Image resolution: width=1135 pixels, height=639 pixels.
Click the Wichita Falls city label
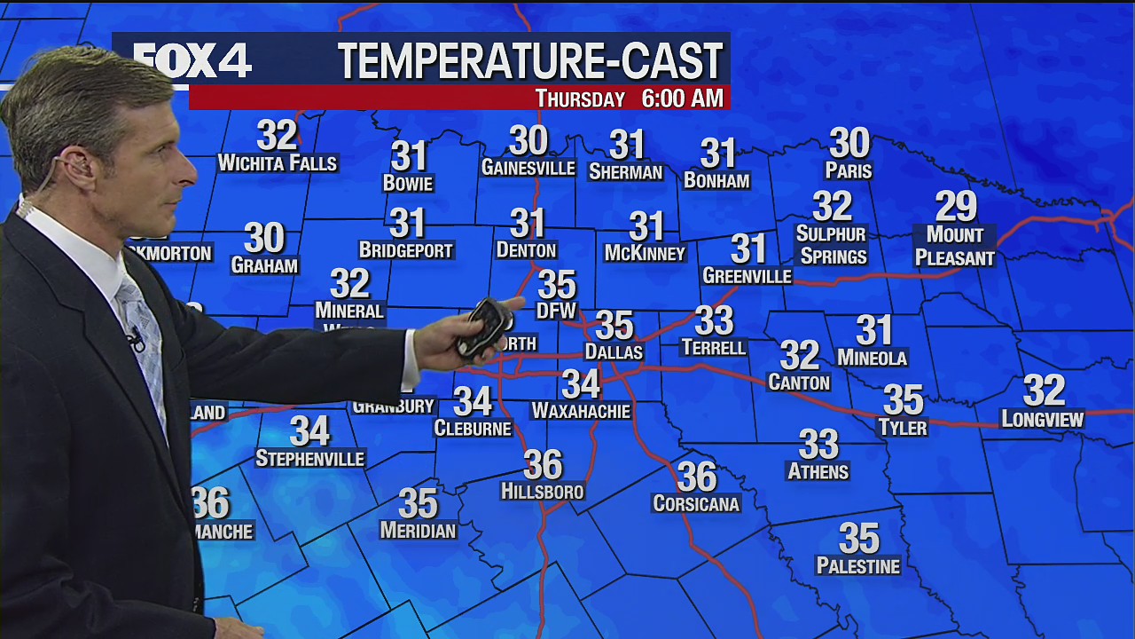tap(278, 163)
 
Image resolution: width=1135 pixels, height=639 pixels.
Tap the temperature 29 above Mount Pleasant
tap(956, 207)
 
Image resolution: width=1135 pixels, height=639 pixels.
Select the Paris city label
tap(849, 170)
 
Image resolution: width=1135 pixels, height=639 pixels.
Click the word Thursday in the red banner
tap(580, 99)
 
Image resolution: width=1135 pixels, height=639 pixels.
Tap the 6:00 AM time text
tap(682, 99)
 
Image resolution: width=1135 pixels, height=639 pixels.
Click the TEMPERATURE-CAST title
tap(530, 62)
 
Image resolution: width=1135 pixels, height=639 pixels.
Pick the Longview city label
tap(1043, 419)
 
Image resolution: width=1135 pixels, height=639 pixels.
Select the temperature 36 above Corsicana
tap(697, 477)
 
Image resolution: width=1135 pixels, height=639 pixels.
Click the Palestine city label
tap(857, 566)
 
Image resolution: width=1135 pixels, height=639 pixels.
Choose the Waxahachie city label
tap(581, 411)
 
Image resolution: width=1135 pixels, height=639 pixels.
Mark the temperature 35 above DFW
tap(557, 285)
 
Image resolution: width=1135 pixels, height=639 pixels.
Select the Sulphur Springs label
tap(832, 245)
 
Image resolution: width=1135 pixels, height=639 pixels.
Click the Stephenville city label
tap(309, 459)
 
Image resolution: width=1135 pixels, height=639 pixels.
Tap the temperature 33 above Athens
tap(818, 444)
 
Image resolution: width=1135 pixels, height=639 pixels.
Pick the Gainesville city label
tap(528, 168)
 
